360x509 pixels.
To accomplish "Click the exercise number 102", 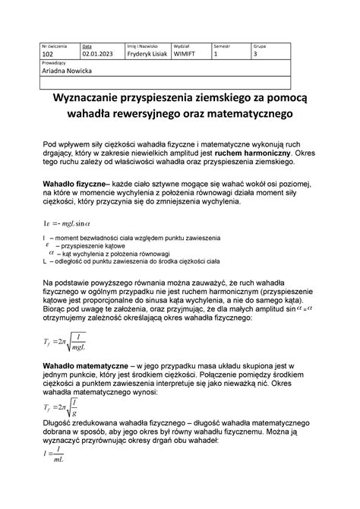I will click(48, 55).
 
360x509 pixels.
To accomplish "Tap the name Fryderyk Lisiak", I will click(148, 55).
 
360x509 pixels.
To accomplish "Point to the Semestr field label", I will click(222, 46).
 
